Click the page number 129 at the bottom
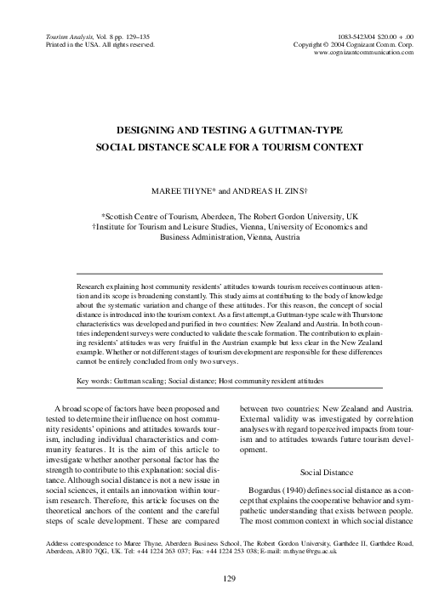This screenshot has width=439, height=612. (219, 579)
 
